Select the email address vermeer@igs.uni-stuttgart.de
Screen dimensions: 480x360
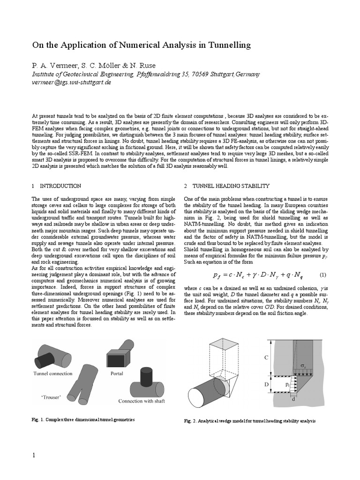(71, 82)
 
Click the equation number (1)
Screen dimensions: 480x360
(322, 275)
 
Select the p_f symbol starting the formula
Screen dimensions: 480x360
(216, 276)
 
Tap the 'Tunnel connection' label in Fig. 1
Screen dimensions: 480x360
(53, 374)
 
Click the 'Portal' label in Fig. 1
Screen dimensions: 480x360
(117, 374)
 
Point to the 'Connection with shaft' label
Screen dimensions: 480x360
(142, 401)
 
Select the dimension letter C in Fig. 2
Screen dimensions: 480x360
(267, 358)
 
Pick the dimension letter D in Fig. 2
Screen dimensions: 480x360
(267, 384)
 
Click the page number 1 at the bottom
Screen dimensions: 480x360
(34, 456)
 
